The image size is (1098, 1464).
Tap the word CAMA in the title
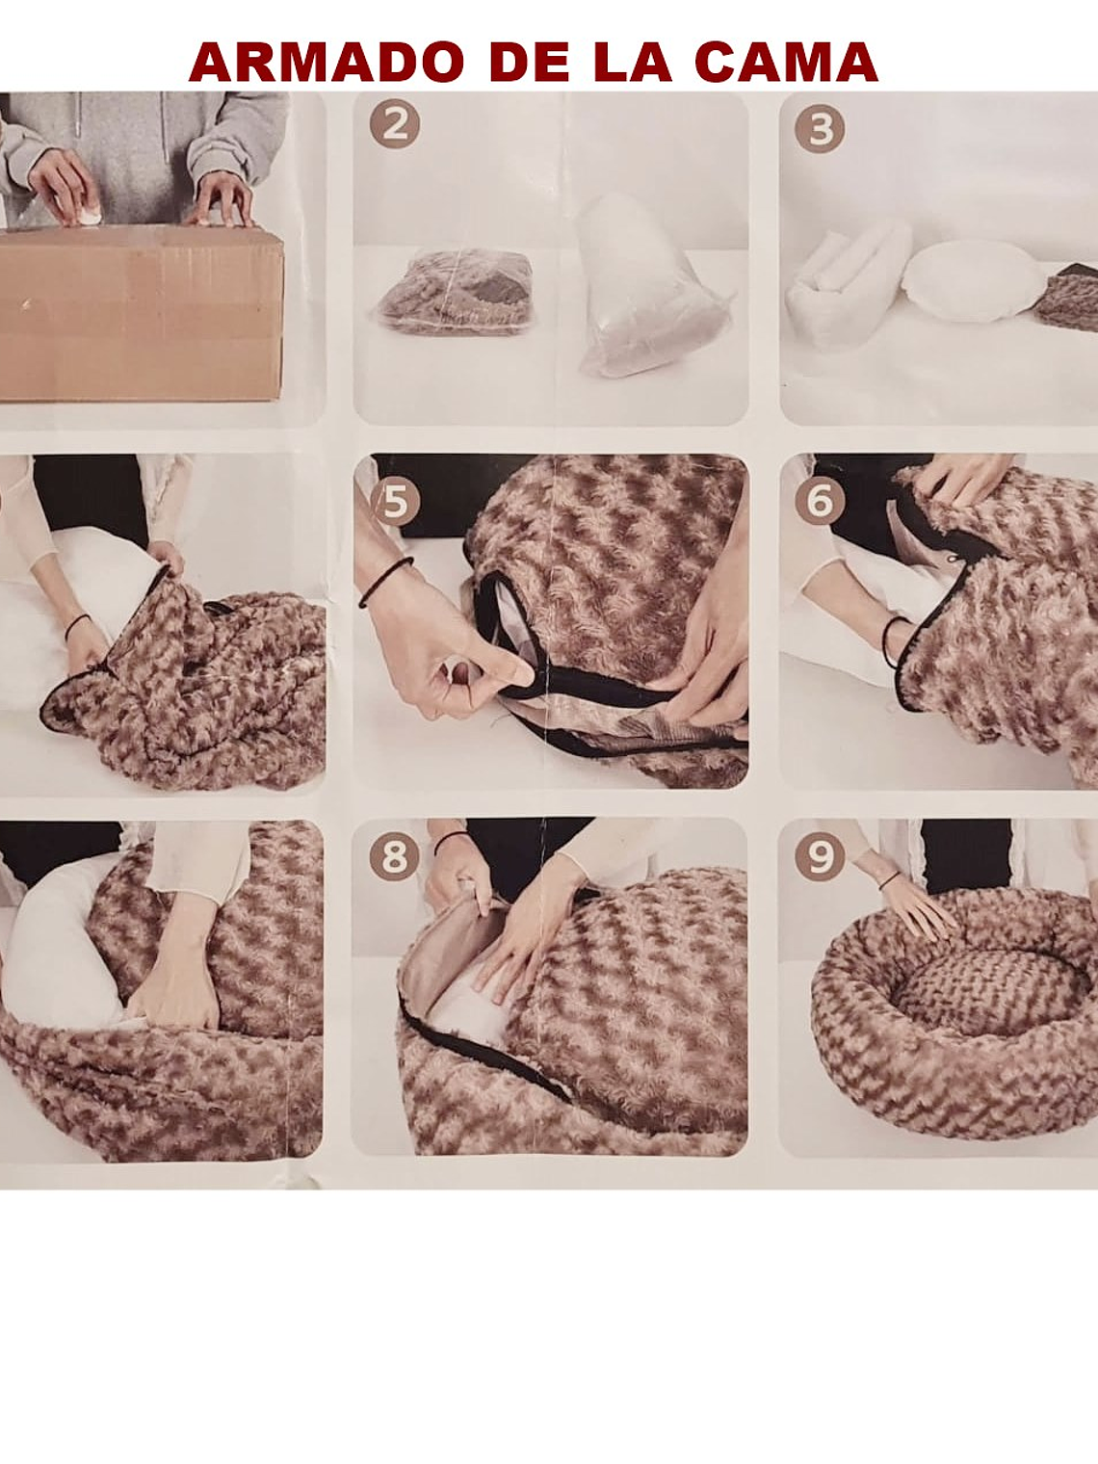point(786,62)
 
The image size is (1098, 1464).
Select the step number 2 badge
point(395,123)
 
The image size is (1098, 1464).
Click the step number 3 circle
point(820,128)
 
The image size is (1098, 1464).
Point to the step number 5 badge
point(395,502)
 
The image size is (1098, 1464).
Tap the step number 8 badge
point(395,855)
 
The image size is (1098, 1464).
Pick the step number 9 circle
point(820,855)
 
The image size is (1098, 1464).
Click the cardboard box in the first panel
point(142,312)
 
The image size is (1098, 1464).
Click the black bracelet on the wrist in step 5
point(385,582)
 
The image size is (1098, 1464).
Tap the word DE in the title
point(529,62)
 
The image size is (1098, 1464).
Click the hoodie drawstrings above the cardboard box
point(121,137)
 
